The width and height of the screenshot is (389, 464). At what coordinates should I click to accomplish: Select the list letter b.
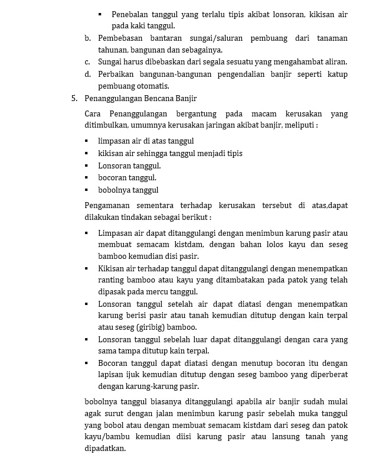87,38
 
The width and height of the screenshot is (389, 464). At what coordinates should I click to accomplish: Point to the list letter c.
87,61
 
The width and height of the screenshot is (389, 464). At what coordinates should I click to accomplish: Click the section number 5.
74,98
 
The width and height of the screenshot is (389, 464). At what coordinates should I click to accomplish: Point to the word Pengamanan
109,206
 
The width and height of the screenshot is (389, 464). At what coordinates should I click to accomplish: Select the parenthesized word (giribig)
136,327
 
